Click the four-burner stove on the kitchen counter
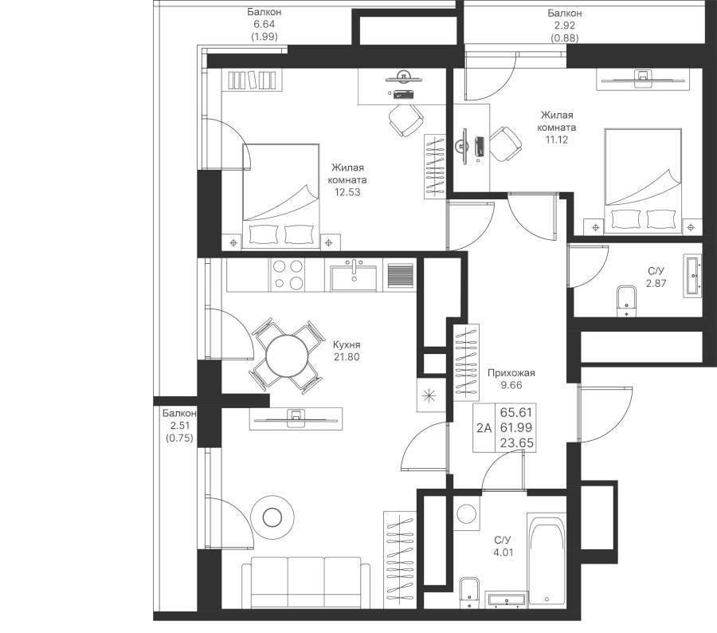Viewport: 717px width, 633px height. click(x=288, y=275)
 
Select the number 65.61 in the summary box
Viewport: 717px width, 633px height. click(x=515, y=413)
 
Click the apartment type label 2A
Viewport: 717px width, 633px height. click(x=484, y=428)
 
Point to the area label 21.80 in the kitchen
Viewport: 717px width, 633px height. click(x=347, y=357)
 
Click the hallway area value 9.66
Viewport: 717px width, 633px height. click(x=511, y=385)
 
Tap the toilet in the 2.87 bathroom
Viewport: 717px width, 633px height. click(x=628, y=301)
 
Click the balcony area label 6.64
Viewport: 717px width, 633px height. click(x=263, y=25)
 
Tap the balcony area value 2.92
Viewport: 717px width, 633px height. click(x=565, y=25)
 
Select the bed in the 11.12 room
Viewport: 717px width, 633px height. click(x=642, y=182)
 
